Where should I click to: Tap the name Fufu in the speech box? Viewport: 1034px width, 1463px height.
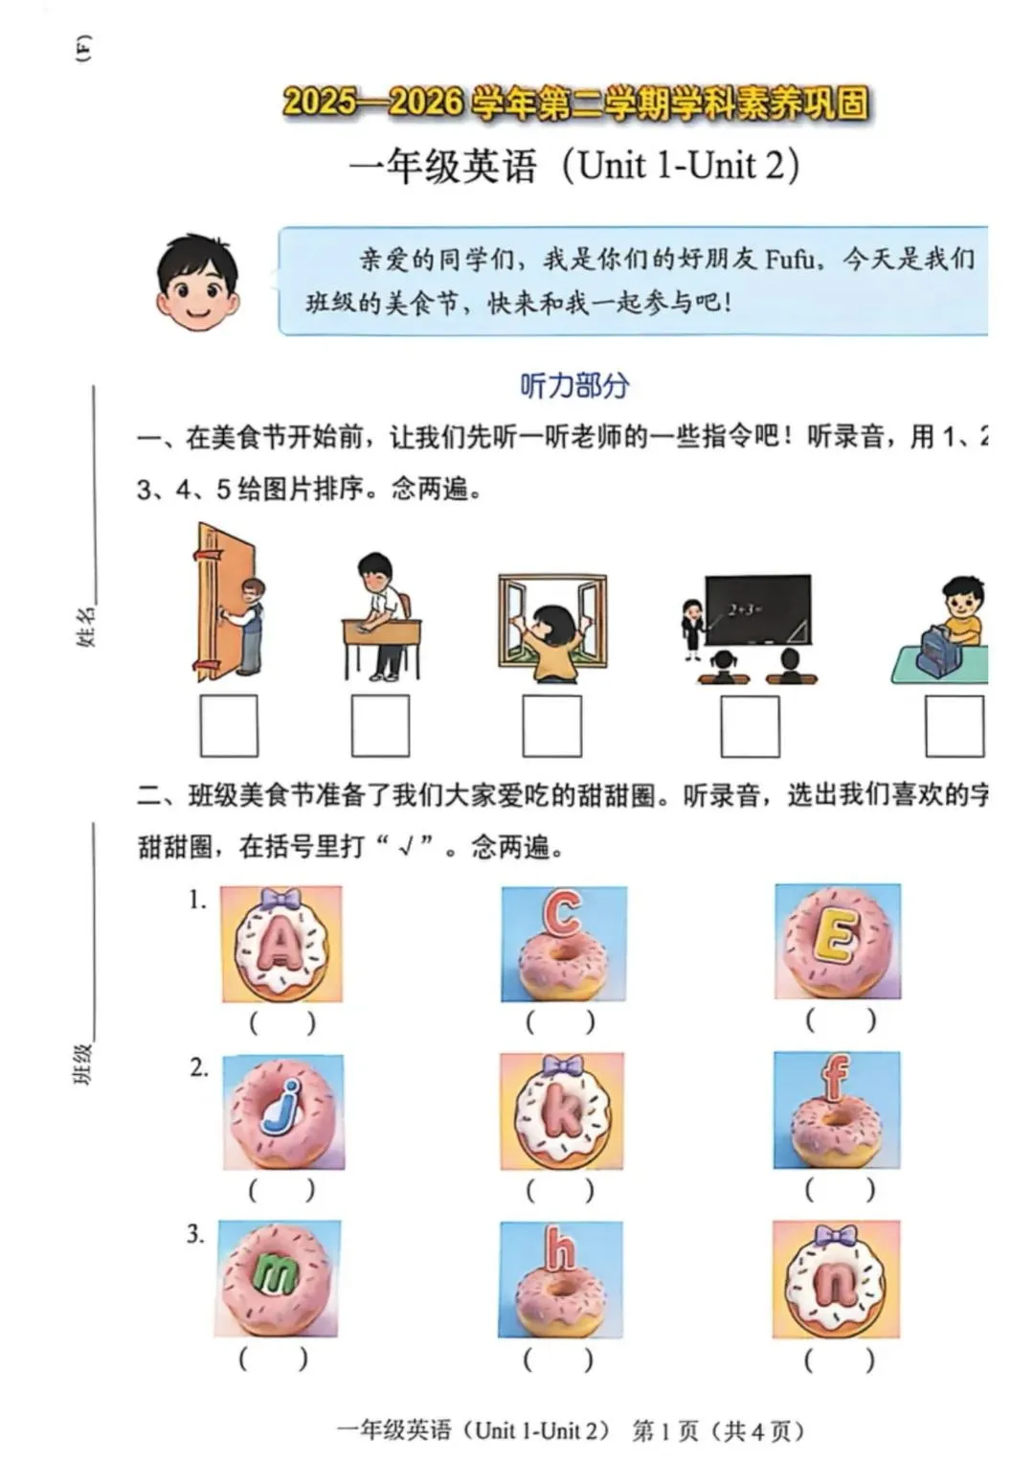click(x=790, y=259)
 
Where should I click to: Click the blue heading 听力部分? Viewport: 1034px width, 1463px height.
click(x=574, y=385)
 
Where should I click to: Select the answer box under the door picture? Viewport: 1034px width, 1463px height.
click(x=229, y=726)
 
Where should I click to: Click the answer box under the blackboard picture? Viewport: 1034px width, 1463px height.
click(x=750, y=726)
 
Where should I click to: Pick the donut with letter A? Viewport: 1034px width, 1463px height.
click(x=281, y=945)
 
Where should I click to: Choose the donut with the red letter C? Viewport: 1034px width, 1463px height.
click(x=563, y=945)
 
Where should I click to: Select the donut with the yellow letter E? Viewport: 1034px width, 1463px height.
click(x=837, y=941)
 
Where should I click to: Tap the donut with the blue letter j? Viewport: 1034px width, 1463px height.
click(x=283, y=1111)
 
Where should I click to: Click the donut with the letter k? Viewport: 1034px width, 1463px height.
click(x=562, y=1111)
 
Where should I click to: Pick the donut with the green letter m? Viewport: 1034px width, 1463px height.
click(x=278, y=1276)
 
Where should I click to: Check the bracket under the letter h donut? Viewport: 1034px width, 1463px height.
click(x=559, y=1359)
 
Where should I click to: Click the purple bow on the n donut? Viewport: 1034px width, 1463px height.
click(x=836, y=1235)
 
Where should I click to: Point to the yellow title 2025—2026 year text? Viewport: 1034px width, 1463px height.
click(x=574, y=103)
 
